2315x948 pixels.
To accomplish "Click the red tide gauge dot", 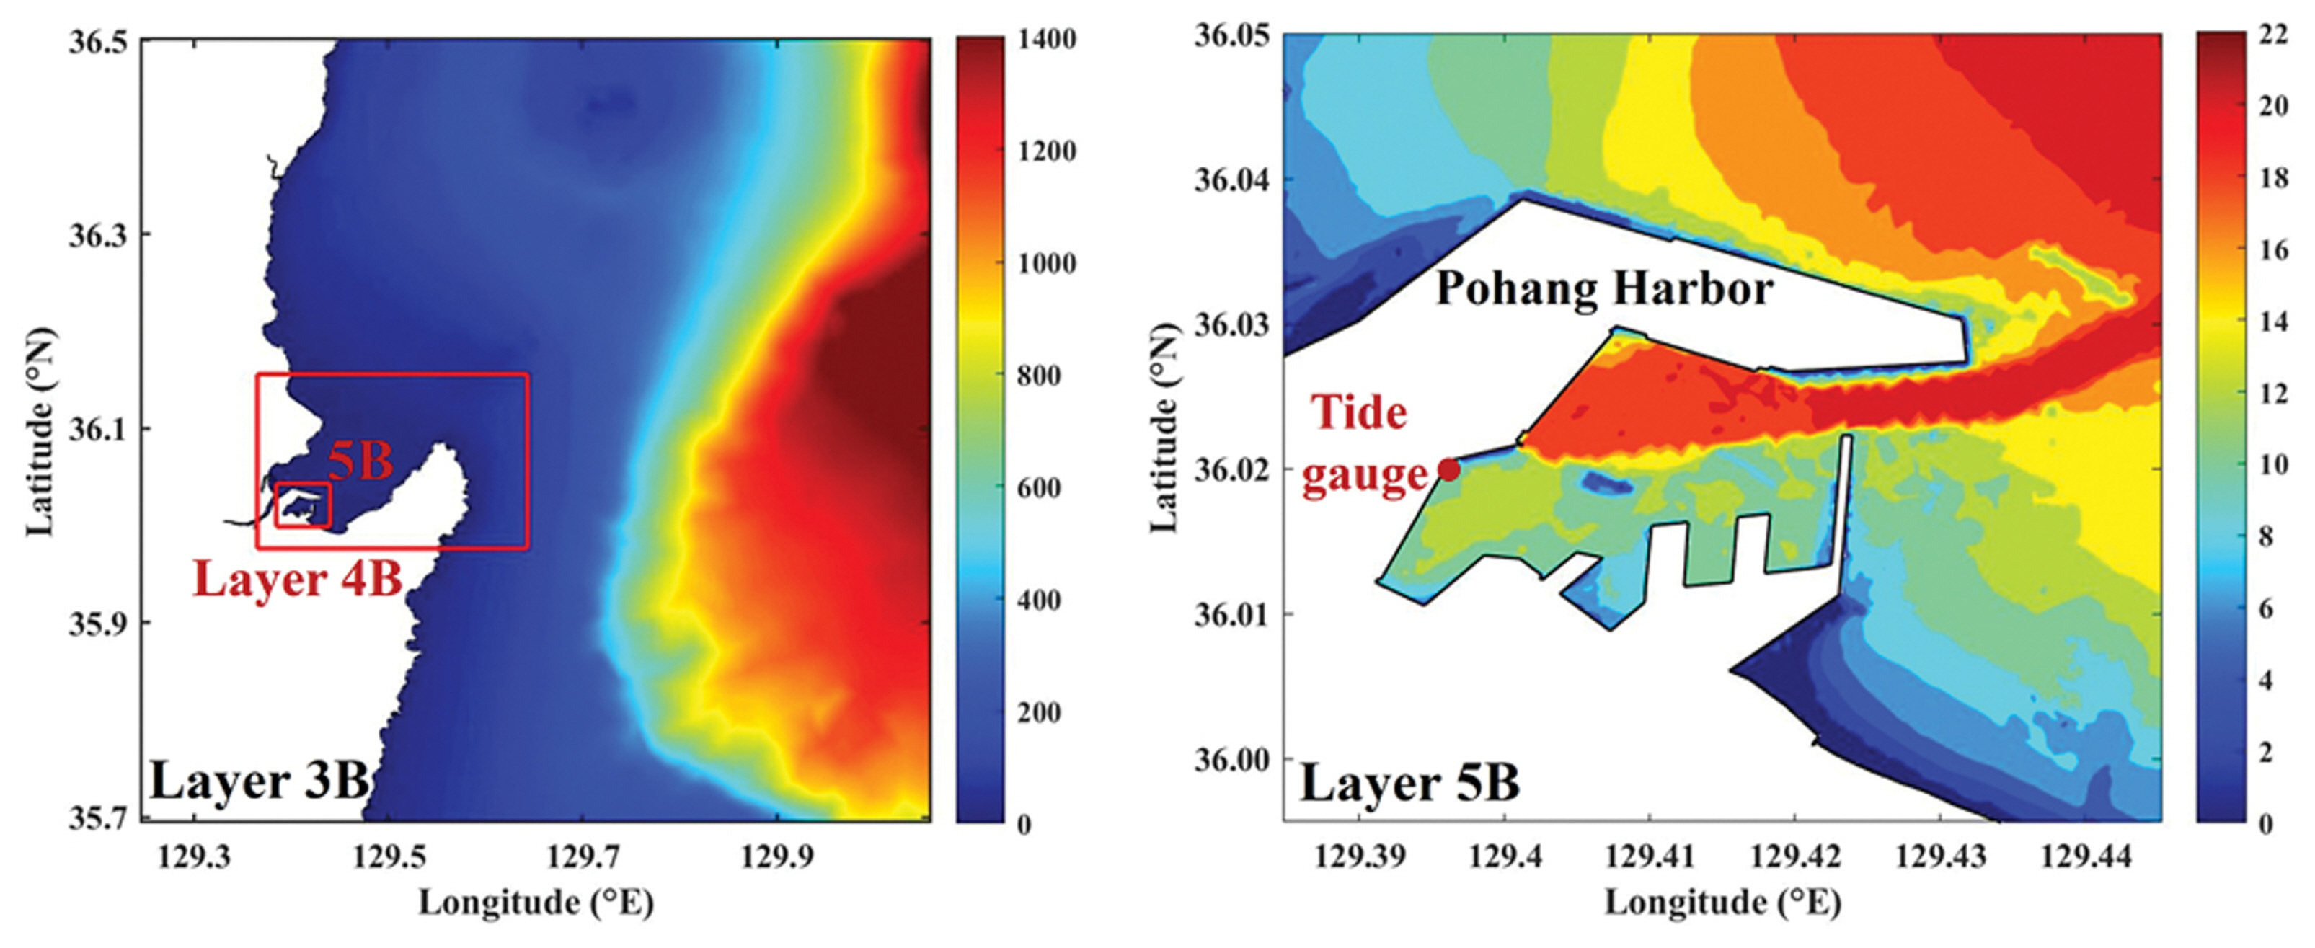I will click(x=1448, y=469).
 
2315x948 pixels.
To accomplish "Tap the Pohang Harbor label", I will click(x=1604, y=289).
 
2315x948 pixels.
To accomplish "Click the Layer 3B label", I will click(x=259, y=781).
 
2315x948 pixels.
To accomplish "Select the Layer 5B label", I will click(x=1409, y=783).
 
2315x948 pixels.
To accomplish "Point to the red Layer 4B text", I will click(x=298, y=580).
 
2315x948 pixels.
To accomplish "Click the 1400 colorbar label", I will click(x=1046, y=40).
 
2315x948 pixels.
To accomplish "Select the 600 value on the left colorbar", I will click(x=1038, y=488).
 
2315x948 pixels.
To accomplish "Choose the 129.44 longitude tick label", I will click(x=2086, y=856).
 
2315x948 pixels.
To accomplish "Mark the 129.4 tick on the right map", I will click(x=1505, y=856).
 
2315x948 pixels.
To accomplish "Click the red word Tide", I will click(x=1359, y=413).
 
